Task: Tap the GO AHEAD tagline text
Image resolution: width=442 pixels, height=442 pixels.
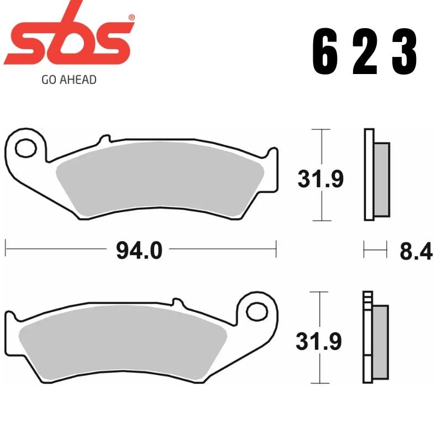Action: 69,80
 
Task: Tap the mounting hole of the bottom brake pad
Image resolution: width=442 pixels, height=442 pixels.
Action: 256,311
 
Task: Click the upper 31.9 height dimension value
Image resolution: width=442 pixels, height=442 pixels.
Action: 320,178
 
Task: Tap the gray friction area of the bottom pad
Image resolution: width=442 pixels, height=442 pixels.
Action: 122,343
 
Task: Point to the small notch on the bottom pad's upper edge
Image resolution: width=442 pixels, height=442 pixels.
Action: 177,302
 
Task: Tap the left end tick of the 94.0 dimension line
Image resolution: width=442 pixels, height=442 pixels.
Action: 6,249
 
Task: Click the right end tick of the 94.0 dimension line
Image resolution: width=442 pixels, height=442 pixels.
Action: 276,249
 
